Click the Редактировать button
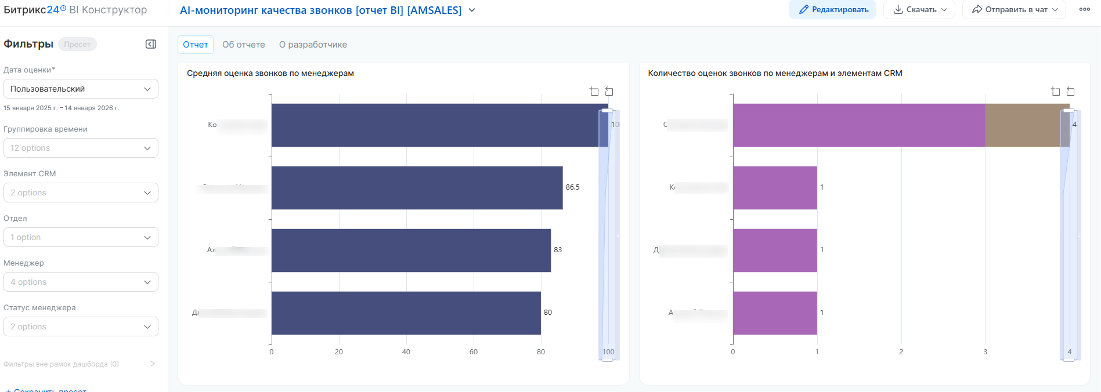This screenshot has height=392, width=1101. click(x=832, y=10)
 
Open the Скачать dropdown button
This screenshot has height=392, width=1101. click(x=919, y=10)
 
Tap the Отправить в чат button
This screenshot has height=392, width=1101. click(x=1014, y=10)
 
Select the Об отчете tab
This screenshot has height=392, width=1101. click(x=243, y=45)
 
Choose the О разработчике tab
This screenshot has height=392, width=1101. click(x=313, y=45)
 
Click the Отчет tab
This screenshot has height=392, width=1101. click(x=196, y=45)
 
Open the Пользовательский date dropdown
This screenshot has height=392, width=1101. click(x=81, y=89)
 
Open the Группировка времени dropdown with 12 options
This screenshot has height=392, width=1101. click(x=81, y=148)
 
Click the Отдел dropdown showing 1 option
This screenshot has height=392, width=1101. click(x=81, y=237)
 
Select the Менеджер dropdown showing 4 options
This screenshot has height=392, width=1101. click(x=81, y=282)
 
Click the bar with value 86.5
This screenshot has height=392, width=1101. click(x=417, y=188)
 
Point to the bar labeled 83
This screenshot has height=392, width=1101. click(x=411, y=251)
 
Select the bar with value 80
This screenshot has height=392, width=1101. click(x=406, y=313)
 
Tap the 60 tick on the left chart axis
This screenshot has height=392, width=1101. click(x=474, y=352)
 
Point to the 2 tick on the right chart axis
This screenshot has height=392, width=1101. click(x=901, y=352)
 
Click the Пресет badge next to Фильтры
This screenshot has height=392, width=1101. click(x=77, y=45)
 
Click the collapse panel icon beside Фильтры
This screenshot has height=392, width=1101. click(x=151, y=44)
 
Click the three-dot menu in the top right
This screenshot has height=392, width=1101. click(x=1084, y=10)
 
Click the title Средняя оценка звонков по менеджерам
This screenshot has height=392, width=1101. click(x=270, y=73)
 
